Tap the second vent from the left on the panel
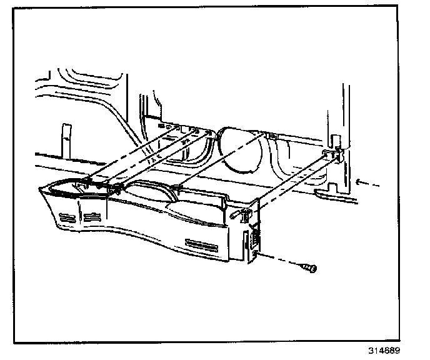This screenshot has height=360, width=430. pyautogui.click(x=92, y=217)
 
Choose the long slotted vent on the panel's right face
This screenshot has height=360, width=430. pyautogui.click(x=202, y=242)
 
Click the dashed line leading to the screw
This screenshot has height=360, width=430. pyautogui.click(x=281, y=261)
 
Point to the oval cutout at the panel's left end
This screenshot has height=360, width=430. pyautogui.click(x=69, y=186)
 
